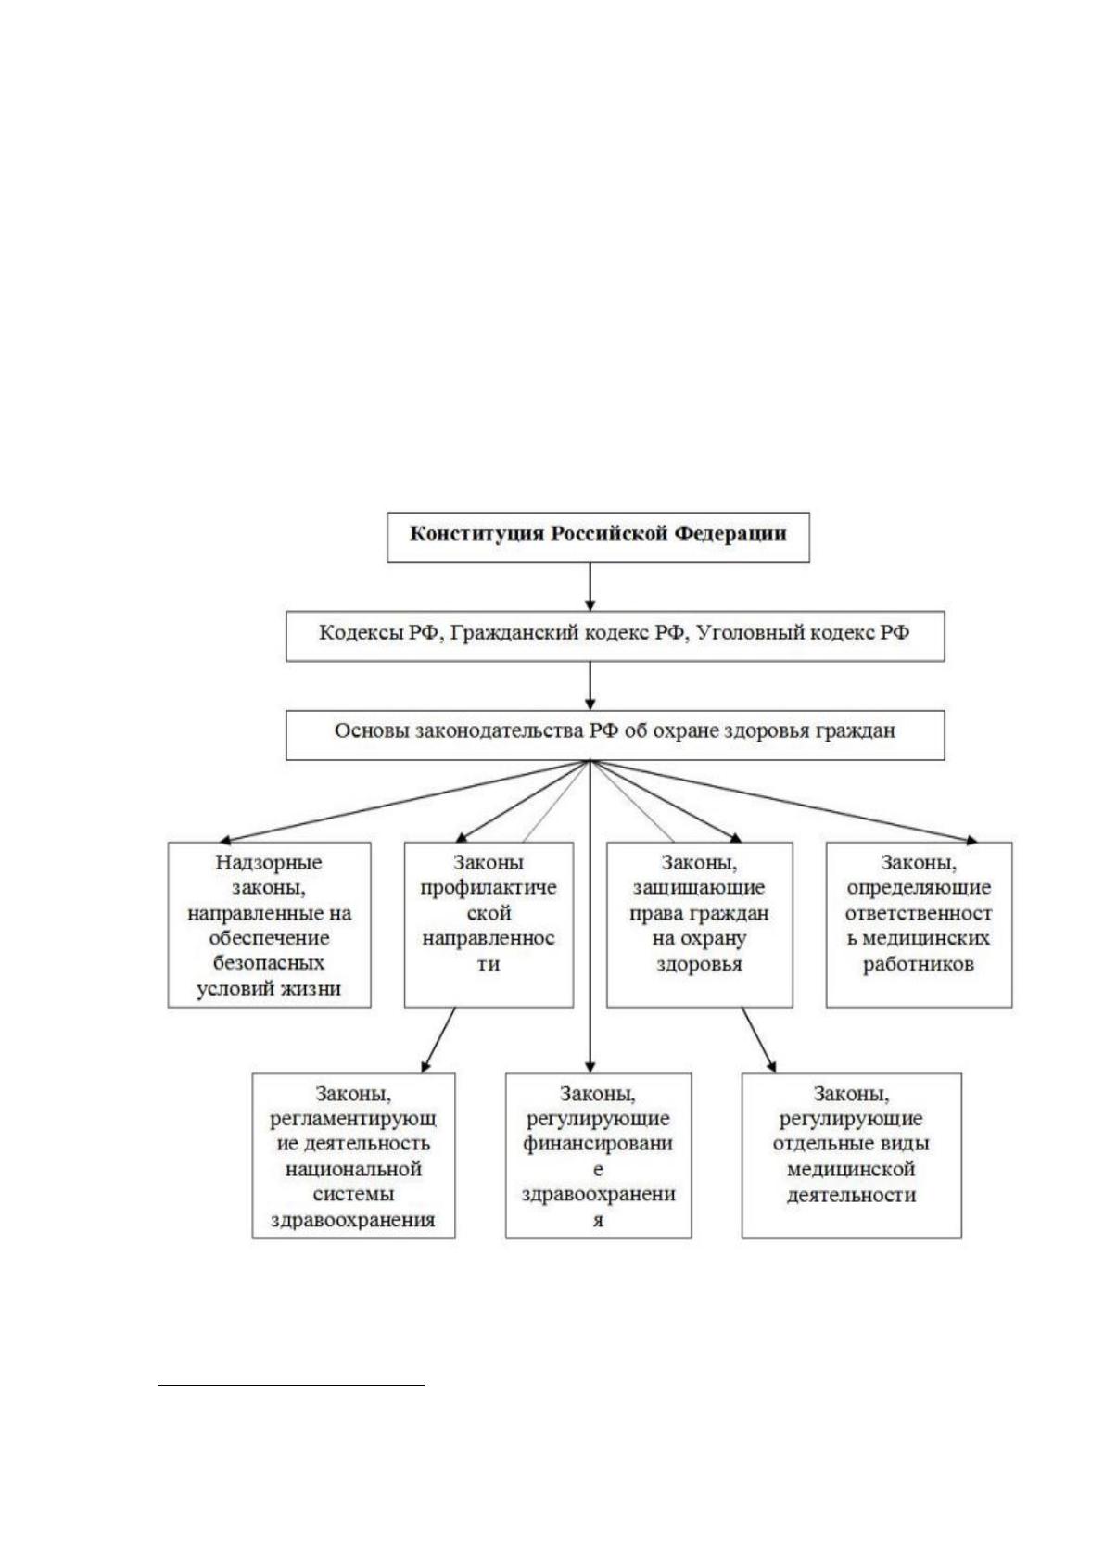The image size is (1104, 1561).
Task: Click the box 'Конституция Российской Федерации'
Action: pyautogui.click(x=598, y=537)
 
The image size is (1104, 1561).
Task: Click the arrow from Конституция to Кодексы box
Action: pyautogui.click(x=590, y=586)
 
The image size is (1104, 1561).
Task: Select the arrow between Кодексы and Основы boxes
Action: pyautogui.click(x=590, y=686)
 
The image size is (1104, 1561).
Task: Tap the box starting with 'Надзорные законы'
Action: pyautogui.click(x=269, y=925)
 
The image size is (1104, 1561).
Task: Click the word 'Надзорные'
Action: pyautogui.click(x=269, y=863)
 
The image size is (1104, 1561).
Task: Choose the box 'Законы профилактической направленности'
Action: pyautogui.click(x=489, y=925)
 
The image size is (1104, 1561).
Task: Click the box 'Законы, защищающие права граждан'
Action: pyautogui.click(x=699, y=925)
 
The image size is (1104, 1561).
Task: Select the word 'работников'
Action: pyautogui.click(x=919, y=965)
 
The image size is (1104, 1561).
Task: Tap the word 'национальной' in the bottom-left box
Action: pyautogui.click(x=353, y=1169)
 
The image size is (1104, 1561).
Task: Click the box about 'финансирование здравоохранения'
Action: pyautogui.click(x=598, y=1155)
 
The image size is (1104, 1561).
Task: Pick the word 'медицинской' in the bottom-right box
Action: pyautogui.click(x=851, y=1169)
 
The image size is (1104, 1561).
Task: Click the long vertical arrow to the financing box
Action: pyautogui.click(x=590, y=917)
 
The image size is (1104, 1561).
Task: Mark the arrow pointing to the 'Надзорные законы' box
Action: pyautogui.click(x=405, y=801)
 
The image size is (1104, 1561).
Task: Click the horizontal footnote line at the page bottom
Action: pyautogui.click(x=291, y=1386)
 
